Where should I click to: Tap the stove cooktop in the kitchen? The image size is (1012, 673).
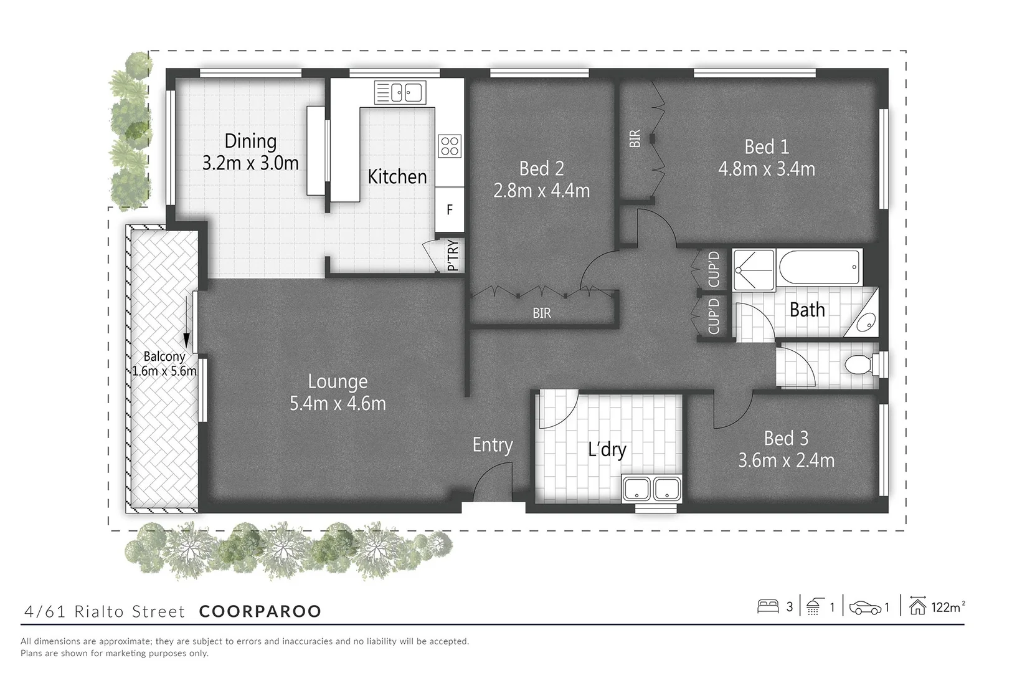[450, 146]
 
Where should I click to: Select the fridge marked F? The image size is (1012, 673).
[450, 210]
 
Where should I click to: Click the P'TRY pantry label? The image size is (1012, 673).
[453, 255]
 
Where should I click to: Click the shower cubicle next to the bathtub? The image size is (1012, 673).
[753, 270]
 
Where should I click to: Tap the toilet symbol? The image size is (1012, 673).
[861, 365]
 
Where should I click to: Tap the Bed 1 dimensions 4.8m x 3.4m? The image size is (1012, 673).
[767, 169]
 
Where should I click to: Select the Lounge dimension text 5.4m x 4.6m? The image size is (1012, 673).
[338, 404]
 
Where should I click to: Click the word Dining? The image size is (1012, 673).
[250, 141]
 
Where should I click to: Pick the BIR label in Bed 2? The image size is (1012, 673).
[541, 313]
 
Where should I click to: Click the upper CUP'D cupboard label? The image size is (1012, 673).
[714, 269]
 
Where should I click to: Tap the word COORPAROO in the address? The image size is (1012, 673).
[260, 611]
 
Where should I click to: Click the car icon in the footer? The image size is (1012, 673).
[864, 607]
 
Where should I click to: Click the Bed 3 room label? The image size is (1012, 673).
[786, 438]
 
